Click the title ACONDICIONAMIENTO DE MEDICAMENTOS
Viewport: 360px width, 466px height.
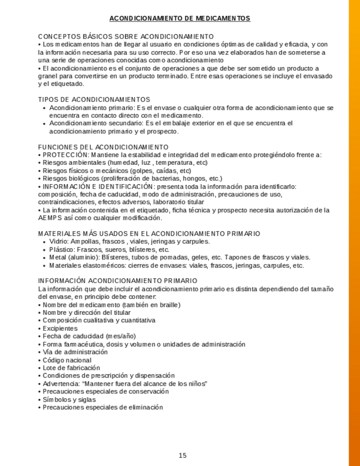pos(180,19)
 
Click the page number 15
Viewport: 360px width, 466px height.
pos(183,456)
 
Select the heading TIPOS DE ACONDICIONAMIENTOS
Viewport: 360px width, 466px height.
pos(94,99)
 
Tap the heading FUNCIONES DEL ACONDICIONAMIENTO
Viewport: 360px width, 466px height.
pos(103,147)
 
